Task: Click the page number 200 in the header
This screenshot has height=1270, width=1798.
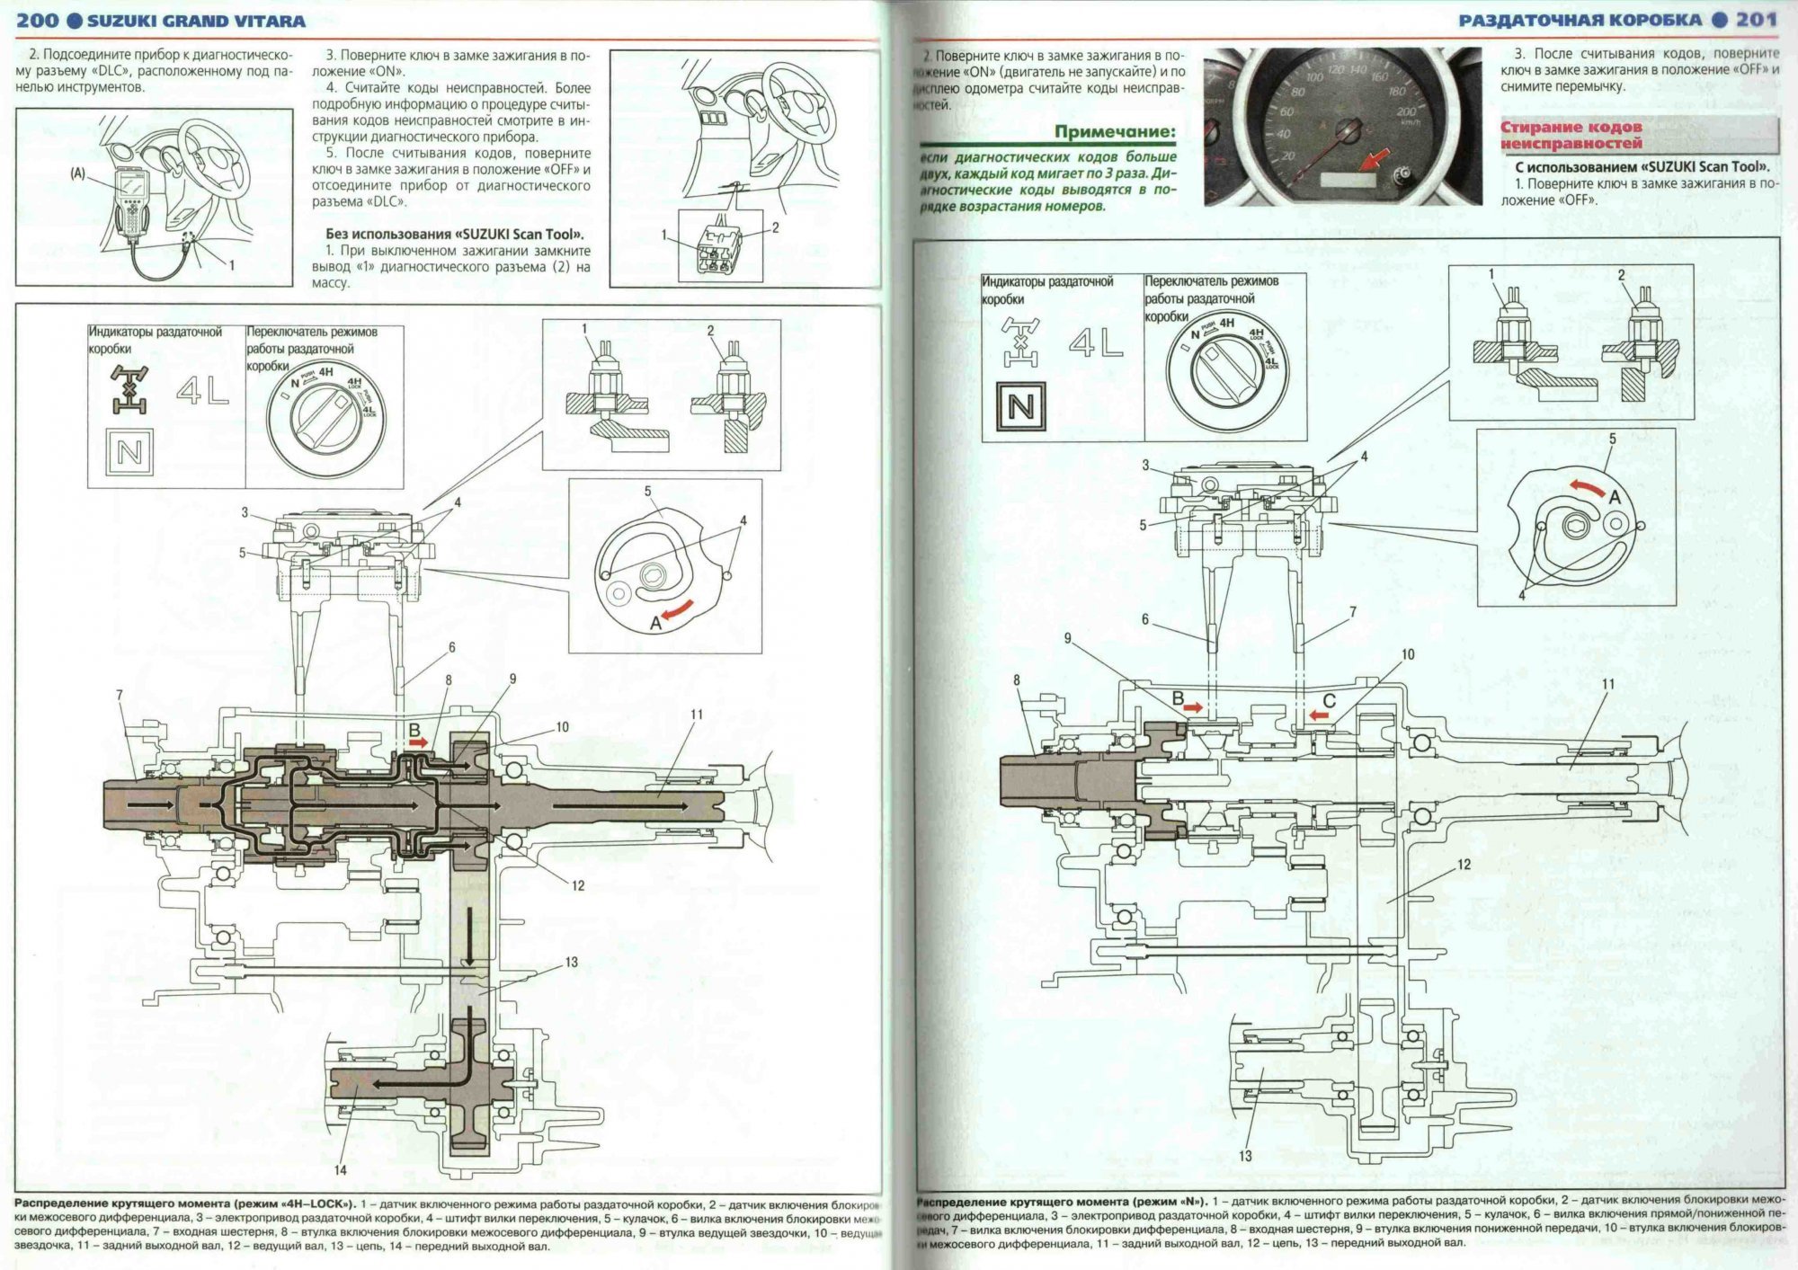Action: [x=37, y=20]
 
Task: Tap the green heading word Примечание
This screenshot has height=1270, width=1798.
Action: [x=1115, y=132]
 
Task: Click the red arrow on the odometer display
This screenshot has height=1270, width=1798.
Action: [x=1373, y=163]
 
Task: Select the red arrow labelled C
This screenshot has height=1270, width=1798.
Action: [x=1319, y=715]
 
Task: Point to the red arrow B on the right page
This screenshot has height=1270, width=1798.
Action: [x=1193, y=708]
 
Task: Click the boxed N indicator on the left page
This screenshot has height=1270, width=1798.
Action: [x=129, y=451]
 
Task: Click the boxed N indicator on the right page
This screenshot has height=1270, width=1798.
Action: [x=1021, y=407]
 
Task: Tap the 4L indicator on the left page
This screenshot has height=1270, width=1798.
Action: [x=203, y=391]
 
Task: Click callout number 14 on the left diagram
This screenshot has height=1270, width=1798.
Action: [x=340, y=1169]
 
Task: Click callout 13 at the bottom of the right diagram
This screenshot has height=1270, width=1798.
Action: [x=1245, y=1156]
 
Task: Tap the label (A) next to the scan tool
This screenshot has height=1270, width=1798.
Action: [x=78, y=173]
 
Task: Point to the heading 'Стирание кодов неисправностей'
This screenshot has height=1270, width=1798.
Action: [x=1571, y=135]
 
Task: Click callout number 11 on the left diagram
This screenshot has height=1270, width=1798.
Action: [x=697, y=715]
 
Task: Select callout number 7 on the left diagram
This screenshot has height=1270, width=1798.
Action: [x=119, y=695]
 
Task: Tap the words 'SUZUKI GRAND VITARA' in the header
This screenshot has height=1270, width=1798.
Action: [x=196, y=21]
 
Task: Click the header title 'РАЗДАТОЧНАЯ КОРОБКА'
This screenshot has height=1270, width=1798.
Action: [x=1580, y=20]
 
